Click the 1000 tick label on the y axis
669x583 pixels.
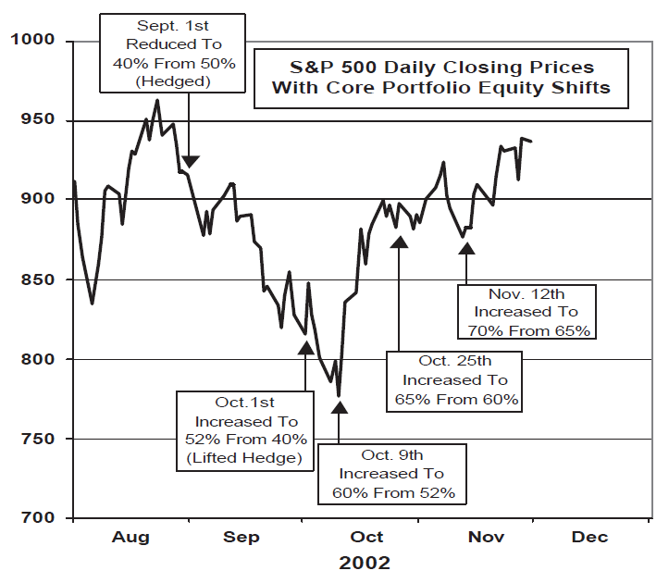coord(34,41)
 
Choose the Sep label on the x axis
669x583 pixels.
coord(242,537)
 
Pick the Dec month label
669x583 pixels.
coord(589,537)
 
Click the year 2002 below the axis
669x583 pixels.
coord(365,563)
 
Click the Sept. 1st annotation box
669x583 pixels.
coord(171,52)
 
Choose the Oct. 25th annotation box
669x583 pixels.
coord(454,380)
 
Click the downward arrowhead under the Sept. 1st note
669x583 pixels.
coord(189,161)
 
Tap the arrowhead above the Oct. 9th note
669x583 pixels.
coord(340,406)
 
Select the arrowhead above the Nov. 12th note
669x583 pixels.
coord(466,247)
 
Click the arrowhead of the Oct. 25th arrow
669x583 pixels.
coord(399,242)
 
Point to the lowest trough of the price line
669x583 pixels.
coord(339,395)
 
